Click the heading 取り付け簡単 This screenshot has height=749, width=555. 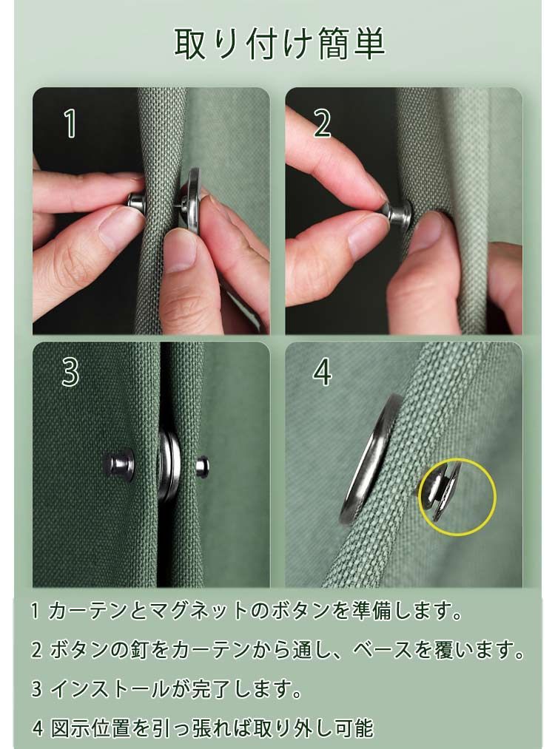click(x=280, y=44)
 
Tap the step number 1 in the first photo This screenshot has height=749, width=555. click(x=71, y=123)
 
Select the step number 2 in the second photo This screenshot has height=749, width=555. click(x=322, y=123)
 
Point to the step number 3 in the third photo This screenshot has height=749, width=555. click(x=70, y=373)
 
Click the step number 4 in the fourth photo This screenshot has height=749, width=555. click(x=323, y=373)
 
